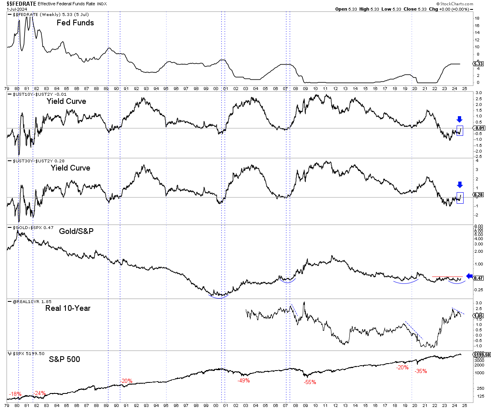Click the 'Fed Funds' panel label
click(75, 23)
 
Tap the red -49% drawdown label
click(243, 381)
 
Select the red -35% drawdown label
click(421, 371)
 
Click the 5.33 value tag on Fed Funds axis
click(479, 64)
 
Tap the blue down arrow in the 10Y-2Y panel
click(459, 119)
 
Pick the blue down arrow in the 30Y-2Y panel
click(459, 185)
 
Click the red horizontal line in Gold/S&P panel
click(447, 277)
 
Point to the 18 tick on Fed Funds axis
click(477, 18)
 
